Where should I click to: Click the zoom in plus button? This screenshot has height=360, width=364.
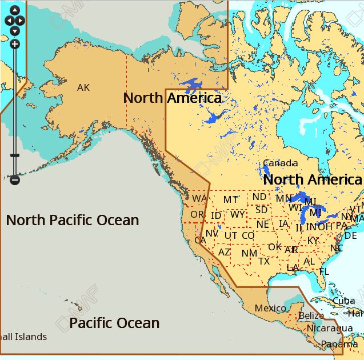coord(15,44)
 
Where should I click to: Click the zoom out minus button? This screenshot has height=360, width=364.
coord(15,180)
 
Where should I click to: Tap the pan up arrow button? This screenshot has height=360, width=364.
coord(15,10)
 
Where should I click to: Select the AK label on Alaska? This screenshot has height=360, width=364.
coord(83,87)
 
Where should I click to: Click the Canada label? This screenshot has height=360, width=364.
coord(280,163)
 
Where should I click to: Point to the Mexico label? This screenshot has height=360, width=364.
coord(270,308)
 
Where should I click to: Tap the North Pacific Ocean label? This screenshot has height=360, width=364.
coord(73,220)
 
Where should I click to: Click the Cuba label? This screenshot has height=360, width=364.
coord(343,301)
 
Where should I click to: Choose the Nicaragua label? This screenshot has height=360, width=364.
coord(330,328)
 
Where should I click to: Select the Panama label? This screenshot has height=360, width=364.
coord(339,344)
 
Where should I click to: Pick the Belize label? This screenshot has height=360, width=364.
coord(311,315)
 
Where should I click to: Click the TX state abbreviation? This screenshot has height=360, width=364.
coord(264,261)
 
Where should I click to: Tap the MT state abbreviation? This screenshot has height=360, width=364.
coord(230,199)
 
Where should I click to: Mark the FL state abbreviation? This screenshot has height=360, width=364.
coord(324,272)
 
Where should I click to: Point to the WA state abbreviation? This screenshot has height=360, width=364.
coord(199,198)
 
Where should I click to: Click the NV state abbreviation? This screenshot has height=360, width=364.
coord(212,233)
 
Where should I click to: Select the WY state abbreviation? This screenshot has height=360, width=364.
coord(238,215)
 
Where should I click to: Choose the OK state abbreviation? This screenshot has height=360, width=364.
coord(275,247)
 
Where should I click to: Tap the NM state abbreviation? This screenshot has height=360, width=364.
coord(249,253)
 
